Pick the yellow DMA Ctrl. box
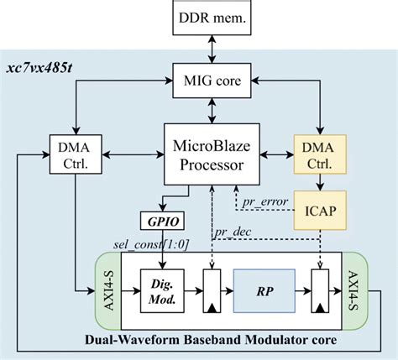320,154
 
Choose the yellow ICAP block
320,212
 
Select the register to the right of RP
320,293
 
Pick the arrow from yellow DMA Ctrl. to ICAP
320,183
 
